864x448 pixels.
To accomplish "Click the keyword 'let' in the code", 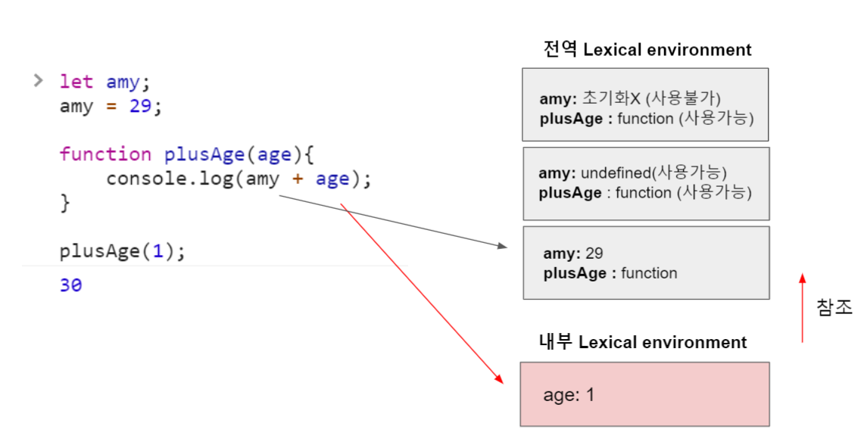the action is coord(76,82).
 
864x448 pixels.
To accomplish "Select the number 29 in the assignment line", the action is coord(140,107).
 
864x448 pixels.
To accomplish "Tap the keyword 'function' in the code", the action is coord(105,154).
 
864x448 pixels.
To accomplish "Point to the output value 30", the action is coord(70,285).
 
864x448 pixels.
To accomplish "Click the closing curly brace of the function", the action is coord(64,203).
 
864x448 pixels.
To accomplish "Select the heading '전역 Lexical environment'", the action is coord(647,50).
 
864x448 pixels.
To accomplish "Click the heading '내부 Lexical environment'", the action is coord(642,342).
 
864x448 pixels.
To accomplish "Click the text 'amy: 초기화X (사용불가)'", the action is coord(629,98).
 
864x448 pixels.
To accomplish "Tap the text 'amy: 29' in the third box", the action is coord(573,254).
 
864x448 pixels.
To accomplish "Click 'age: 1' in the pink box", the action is coord(569,395).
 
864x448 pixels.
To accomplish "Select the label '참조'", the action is coord(834,307).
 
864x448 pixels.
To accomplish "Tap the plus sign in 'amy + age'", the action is coord(298,179).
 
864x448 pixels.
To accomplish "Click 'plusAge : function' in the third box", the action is coord(610,273).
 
